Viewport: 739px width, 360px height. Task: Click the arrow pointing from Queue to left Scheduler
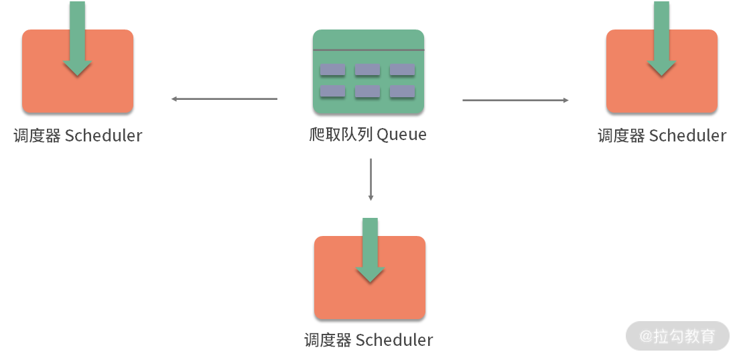(224, 99)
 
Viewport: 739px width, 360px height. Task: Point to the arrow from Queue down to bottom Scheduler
(371, 179)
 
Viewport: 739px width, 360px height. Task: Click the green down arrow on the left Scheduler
(78, 40)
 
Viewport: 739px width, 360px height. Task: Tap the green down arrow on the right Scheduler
(661, 40)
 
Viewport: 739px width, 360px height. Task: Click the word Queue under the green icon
(401, 135)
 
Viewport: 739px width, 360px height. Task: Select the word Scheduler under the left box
(104, 135)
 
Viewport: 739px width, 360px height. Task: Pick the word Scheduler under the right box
(688, 135)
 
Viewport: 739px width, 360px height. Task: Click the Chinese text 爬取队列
(340, 135)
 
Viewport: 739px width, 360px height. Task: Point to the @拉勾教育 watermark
(677, 335)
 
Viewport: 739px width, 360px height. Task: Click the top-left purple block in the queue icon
(333, 70)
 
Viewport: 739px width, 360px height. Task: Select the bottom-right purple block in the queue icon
(402, 92)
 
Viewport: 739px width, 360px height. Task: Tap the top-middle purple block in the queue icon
(367, 70)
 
